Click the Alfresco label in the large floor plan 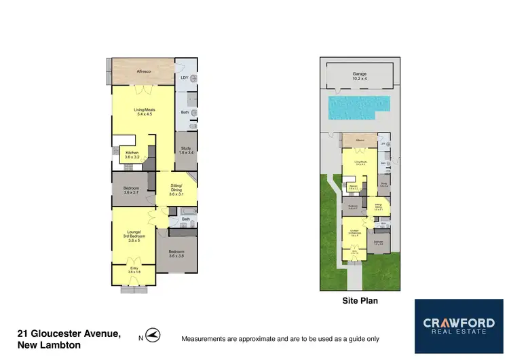click(x=143, y=71)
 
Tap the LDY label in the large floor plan click(x=184, y=77)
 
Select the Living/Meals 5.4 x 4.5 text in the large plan click(x=143, y=111)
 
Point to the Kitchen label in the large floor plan click(x=132, y=155)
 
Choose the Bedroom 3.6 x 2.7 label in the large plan click(x=132, y=190)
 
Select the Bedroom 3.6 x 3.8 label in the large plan click(x=176, y=253)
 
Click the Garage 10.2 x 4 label click(x=359, y=75)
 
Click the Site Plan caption click(x=360, y=300)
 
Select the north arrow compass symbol click(x=153, y=336)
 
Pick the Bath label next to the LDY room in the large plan click(x=185, y=112)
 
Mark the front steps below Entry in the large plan click(x=134, y=289)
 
